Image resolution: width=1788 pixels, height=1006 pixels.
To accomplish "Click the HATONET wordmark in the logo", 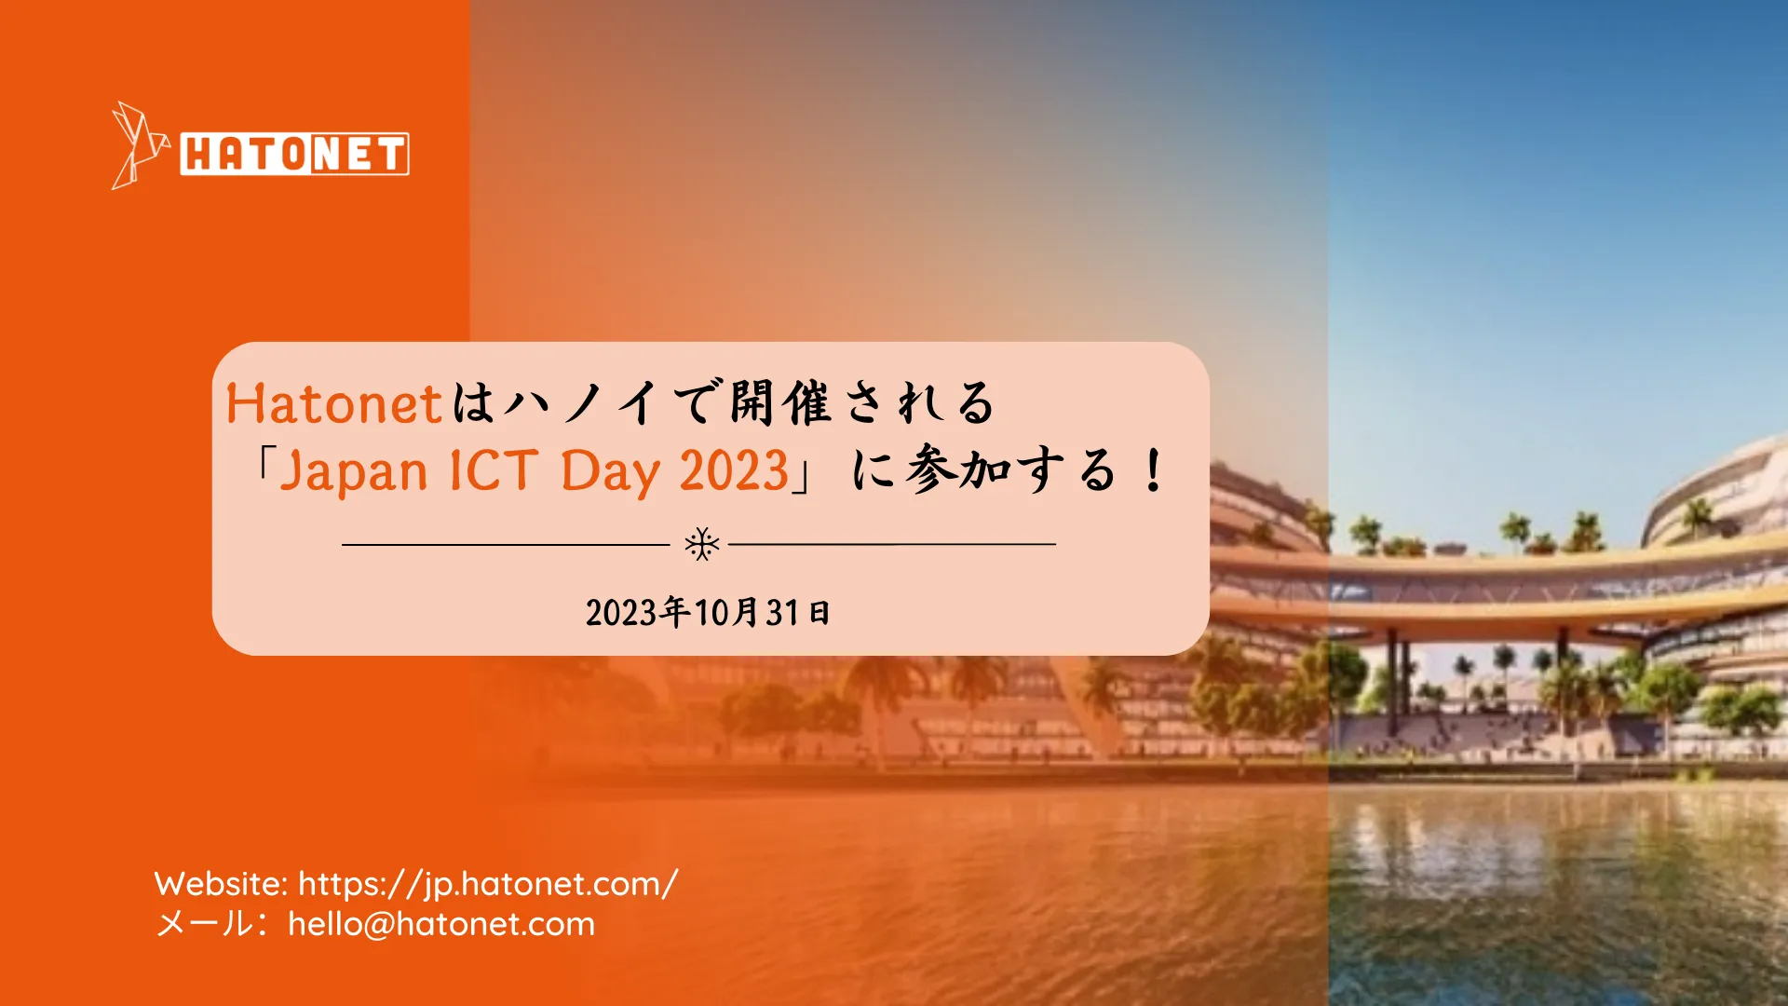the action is click(x=294, y=154).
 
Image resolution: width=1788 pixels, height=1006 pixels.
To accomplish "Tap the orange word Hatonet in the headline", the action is click(x=333, y=404).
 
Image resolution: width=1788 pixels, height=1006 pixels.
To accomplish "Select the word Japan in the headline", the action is click(x=354, y=471).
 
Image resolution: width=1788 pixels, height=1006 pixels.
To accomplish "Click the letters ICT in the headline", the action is click(x=494, y=470).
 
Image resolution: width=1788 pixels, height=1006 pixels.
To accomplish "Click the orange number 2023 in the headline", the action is click(x=734, y=470).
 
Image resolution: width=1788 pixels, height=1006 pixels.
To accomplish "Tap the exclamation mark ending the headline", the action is click(x=1154, y=470).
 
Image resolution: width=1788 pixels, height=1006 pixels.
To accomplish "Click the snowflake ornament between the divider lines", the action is click(x=702, y=544).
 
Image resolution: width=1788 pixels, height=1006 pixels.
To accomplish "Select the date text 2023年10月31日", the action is click(x=708, y=612).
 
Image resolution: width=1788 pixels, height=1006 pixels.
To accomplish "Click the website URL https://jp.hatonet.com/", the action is click(x=488, y=884).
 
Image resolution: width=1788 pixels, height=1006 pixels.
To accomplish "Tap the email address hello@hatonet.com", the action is click(x=441, y=924).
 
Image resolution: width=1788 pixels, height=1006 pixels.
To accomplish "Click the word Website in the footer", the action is click(x=221, y=884).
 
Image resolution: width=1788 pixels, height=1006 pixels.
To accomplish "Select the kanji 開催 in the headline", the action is click(x=779, y=404).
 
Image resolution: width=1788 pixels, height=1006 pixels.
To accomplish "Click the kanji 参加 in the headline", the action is click(x=959, y=469).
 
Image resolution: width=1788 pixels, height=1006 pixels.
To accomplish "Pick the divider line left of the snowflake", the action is click(x=506, y=544).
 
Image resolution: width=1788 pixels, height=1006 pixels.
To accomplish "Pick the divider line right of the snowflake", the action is click(x=892, y=544).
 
